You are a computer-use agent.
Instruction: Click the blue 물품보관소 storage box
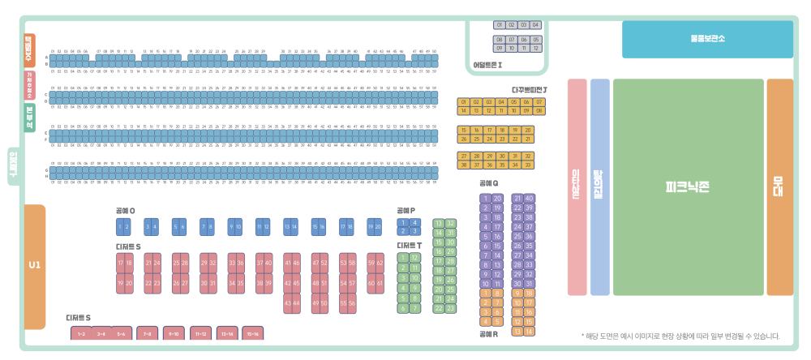tap(707, 39)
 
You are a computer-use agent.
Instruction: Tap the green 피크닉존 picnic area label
tap(688, 186)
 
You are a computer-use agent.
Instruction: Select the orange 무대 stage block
tap(779, 186)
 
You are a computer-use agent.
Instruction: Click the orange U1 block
tap(34, 266)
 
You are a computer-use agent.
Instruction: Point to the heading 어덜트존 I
tap(488, 65)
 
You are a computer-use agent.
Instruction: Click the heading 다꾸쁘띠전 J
tap(530, 89)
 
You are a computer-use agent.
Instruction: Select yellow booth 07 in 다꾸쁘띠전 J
tap(539, 102)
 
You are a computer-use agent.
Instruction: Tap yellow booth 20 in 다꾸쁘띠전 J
tap(529, 130)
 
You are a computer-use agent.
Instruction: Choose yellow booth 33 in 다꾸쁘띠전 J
tap(529, 165)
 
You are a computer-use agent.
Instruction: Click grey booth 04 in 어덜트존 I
tap(535, 25)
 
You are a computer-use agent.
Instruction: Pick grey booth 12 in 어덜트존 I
tap(535, 48)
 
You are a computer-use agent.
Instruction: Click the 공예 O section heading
tap(125, 211)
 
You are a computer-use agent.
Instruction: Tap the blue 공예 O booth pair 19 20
tap(374, 227)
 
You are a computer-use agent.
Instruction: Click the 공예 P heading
tap(405, 211)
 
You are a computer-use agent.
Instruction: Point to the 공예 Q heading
tap(488, 183)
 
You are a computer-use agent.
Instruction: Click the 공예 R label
tap(488, 333)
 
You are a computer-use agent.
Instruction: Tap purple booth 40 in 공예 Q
tap(529, 198)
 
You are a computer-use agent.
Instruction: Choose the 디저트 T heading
tap(409, 245)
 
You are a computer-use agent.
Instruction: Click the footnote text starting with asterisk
tap(680, 336)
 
